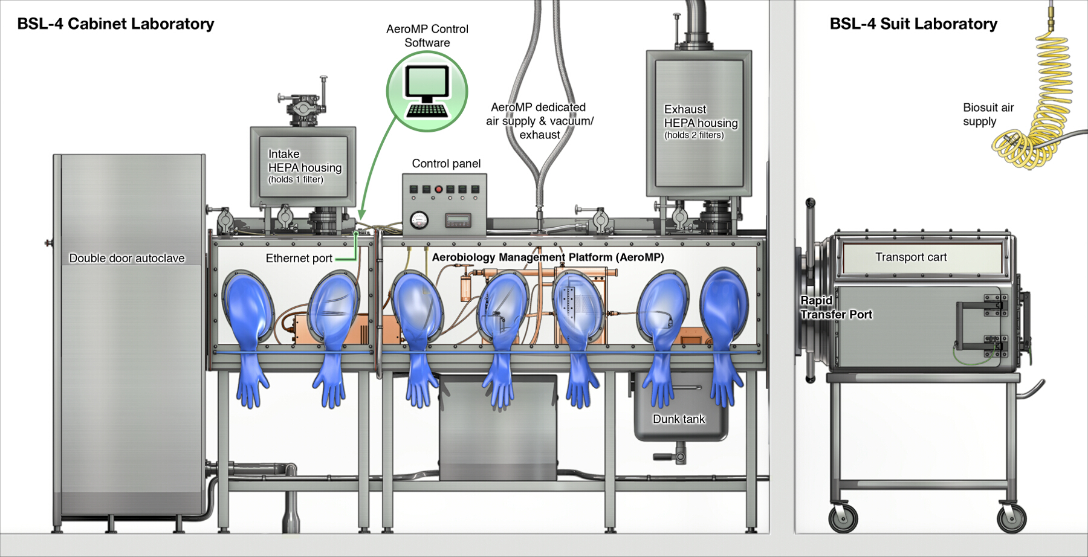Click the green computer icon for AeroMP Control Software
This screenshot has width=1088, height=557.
click(427, 91)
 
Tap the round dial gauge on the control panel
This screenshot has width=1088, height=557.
click(418, 221)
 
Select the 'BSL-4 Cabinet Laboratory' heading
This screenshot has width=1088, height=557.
click(115, 24)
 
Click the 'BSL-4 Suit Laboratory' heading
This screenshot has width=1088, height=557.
click(913, 24)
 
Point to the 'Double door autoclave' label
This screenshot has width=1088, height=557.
click(127, 259)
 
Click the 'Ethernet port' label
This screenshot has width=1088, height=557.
click(299, 259)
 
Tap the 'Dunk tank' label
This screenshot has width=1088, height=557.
click(679, 419)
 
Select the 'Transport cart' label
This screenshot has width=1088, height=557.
click(911, 257)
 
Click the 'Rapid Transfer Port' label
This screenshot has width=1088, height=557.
click(836, 307)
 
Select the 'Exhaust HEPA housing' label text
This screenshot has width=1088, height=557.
click(701, 121)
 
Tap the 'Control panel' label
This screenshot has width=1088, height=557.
click(446, 164)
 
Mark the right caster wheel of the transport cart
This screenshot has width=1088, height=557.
click(1011, 518)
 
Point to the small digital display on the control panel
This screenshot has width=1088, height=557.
click(458, 220)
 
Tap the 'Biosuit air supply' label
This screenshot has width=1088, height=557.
click(988, 114)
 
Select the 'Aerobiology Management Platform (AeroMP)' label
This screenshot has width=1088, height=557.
click(548, 257)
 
